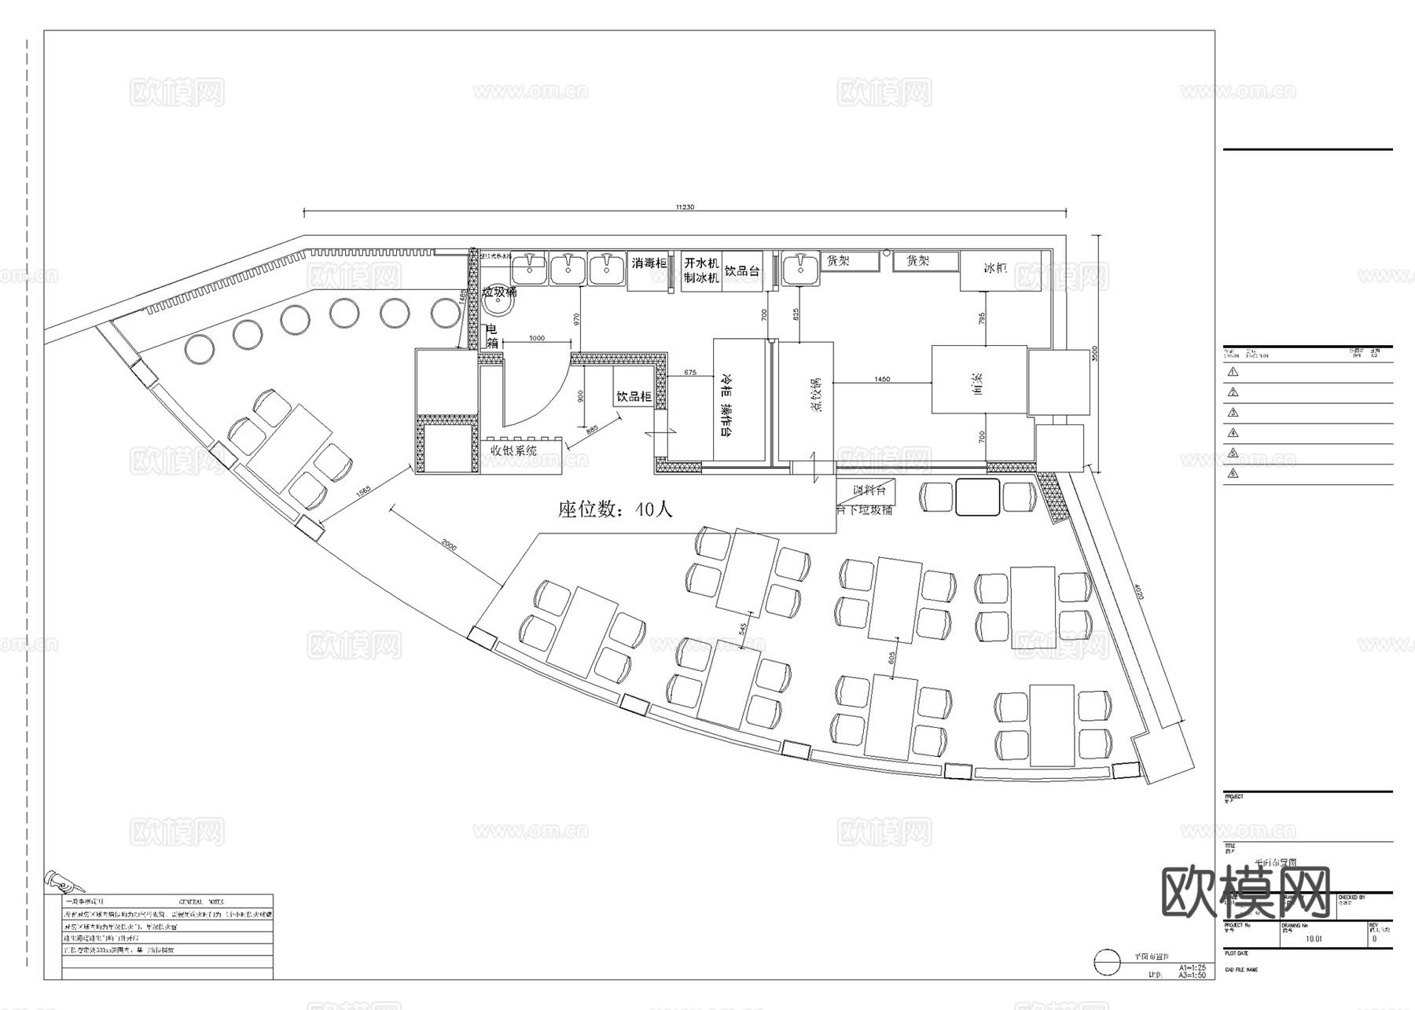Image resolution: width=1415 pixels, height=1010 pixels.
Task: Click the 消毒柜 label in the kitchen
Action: (649, 263)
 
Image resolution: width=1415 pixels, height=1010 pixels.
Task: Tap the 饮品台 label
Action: (742, 271)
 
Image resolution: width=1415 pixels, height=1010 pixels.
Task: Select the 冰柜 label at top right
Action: (995, 268)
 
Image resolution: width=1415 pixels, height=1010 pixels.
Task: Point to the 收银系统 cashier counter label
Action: (514, 451)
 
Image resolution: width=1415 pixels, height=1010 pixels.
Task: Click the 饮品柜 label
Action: (634, 397)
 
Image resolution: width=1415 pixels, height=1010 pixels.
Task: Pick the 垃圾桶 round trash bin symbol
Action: (496, 306)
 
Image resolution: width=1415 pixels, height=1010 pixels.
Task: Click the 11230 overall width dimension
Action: (685, 208)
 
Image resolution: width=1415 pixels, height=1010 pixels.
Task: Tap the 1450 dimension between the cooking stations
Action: (882, 380)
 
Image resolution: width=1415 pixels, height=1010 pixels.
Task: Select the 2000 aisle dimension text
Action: (448, 545)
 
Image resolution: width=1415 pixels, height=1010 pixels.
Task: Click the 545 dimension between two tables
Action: (742, 630)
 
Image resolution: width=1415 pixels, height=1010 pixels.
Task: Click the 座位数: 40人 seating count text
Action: (616, 509)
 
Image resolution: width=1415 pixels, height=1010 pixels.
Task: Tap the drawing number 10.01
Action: (1314, 938)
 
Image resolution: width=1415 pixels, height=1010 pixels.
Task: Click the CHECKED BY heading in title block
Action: (1351, 897)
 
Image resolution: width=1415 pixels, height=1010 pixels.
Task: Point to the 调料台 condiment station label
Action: (871, 490)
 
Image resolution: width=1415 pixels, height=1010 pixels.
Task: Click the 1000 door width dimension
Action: (536, 338)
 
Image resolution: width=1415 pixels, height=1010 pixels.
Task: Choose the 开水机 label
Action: (701, 263)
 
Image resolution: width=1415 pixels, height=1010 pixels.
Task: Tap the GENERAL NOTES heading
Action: (201, 902)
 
